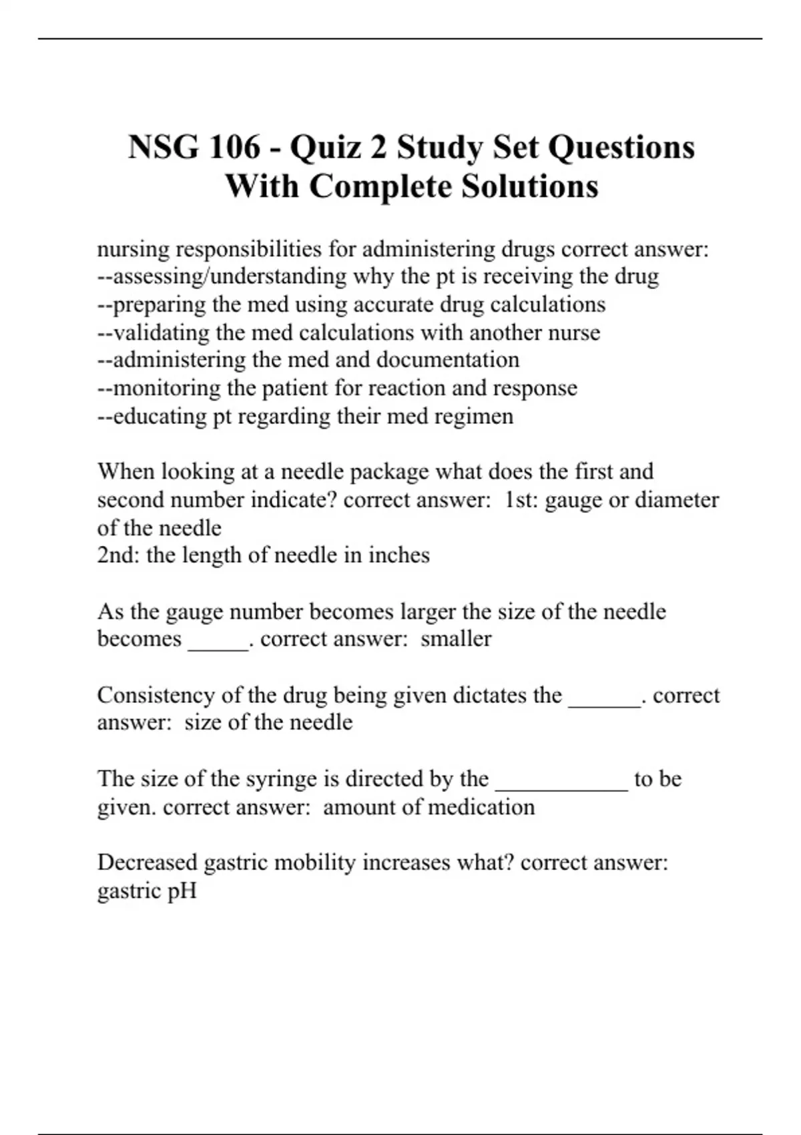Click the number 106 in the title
(x=234, y=147)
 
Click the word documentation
(x=448, y=360)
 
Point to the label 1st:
(x=521, y=499)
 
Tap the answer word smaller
(x=456, y=638)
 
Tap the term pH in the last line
(x=182, y=891)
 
